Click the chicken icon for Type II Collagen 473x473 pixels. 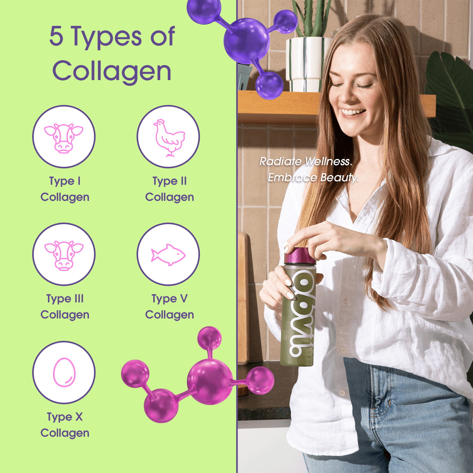point(169,137)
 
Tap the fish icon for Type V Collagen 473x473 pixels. point(168,255)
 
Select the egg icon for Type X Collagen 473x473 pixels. point(64,372)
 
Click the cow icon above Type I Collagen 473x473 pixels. point(64,138)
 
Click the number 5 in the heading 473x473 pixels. point(56,36)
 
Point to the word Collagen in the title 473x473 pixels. point(112,71)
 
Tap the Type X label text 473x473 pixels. point(65,417)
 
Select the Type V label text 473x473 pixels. point(169,299)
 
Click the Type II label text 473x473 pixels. point(169,181)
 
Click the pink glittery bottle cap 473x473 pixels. point(300,256)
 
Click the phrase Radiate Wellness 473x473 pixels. point(306,161)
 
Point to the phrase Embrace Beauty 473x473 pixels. point(313,178)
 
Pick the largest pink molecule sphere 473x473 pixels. point(209,382)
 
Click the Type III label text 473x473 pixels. point(65,299)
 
